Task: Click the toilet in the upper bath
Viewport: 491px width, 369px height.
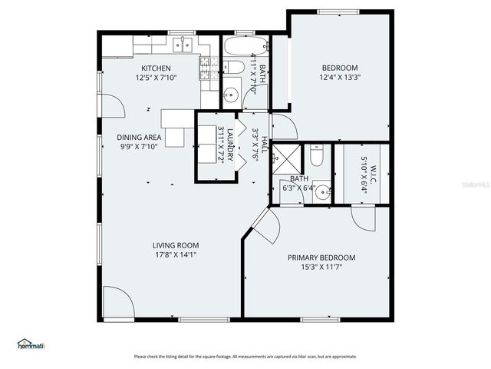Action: pos(234,68)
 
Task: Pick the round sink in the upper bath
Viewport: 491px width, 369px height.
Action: pos(231,95)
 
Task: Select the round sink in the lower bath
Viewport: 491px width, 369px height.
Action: pos(322,192)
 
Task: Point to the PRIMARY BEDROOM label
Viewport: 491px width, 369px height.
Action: pos(321,258)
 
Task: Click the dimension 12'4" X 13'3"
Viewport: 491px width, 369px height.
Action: pos(340,77)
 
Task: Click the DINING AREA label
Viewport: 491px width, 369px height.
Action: pos(139,137)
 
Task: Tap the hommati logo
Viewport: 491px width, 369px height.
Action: pos(31,344)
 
